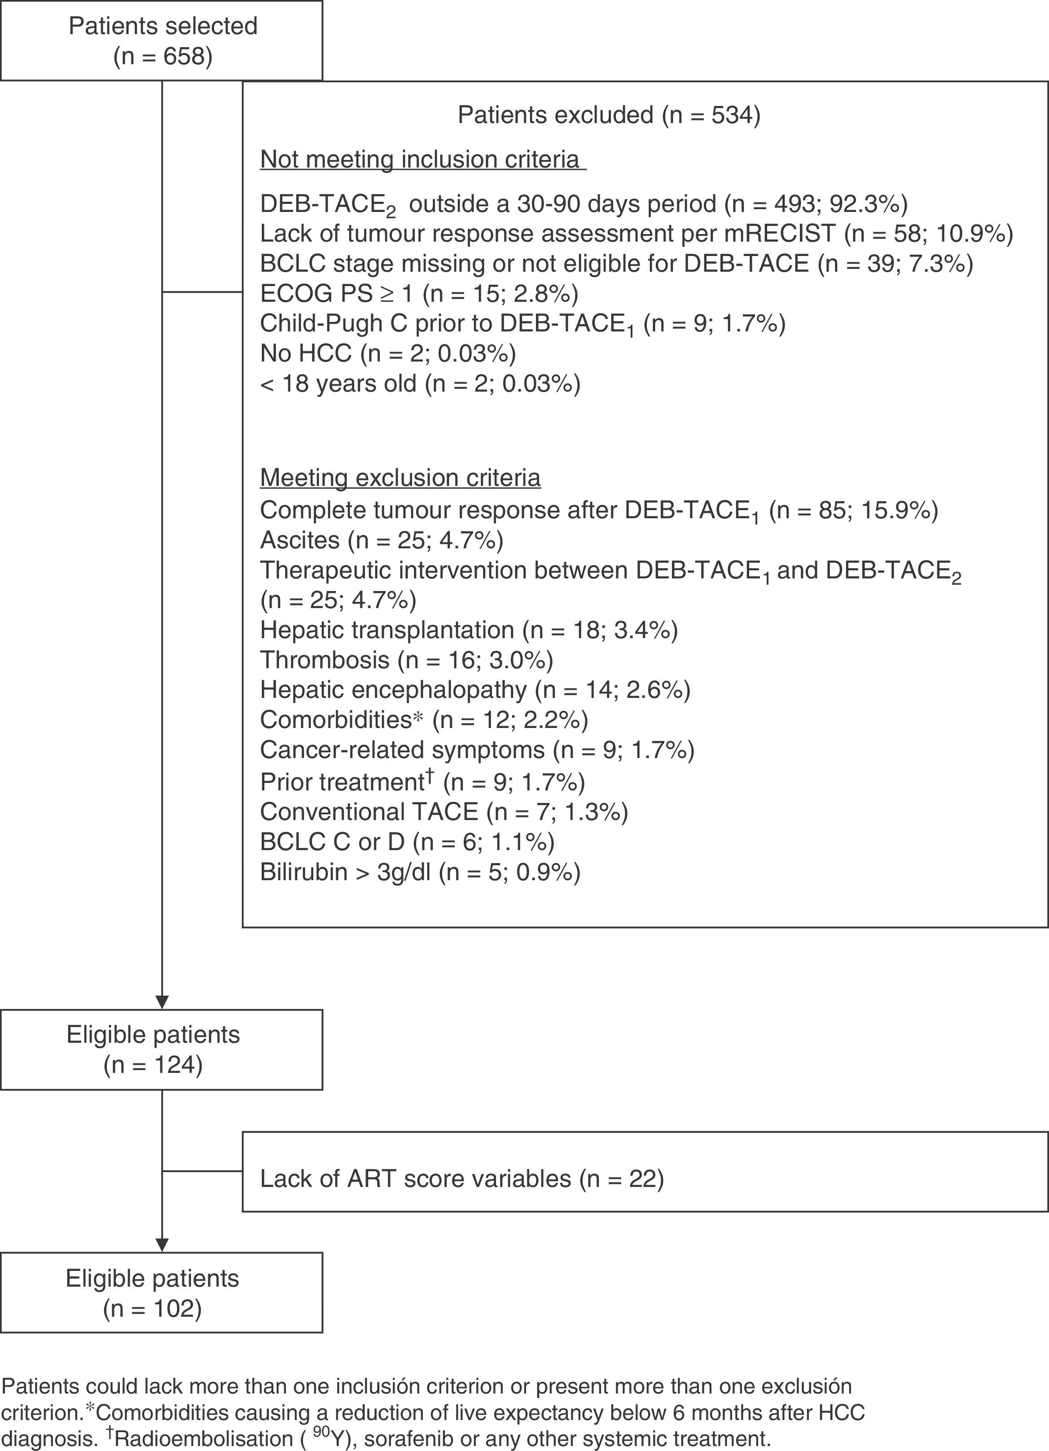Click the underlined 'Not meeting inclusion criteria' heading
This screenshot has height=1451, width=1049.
tap(422, 159)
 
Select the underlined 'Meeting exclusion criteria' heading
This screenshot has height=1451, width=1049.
tap(400, 478)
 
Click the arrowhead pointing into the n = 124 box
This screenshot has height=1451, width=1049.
tap(162, 1002)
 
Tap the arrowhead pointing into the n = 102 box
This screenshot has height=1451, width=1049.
tap(162, 1244)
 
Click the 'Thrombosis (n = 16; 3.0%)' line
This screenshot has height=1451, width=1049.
tap(406, 660)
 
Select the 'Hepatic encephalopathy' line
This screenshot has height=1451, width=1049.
tap(474, 690)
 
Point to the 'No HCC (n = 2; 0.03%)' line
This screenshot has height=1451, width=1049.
tap(388, 353)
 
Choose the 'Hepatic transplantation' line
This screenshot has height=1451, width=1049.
tap(468, 630)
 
